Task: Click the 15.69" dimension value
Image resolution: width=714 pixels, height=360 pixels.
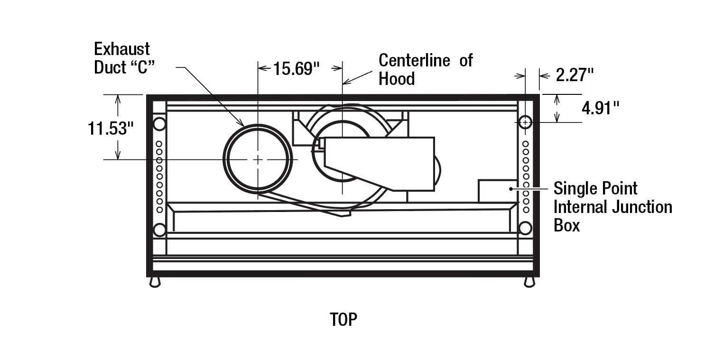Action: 295,69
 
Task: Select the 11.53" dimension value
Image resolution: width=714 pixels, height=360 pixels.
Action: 108,128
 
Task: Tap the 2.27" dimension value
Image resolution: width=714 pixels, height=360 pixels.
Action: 575,74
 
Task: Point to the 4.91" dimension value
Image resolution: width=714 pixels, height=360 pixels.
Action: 601,108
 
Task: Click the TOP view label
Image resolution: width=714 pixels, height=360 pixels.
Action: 343,320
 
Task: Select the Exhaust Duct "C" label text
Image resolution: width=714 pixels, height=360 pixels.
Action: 122,58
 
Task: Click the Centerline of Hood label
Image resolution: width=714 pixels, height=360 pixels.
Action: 425,69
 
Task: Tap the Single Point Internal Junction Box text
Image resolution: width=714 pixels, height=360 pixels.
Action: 612,207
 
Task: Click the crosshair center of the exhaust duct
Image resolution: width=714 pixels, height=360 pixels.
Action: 258,160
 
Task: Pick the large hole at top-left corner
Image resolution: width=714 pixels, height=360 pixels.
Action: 159,124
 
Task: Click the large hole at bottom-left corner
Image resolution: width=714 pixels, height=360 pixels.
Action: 160,230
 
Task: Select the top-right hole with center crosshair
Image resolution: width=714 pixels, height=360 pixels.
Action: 525,122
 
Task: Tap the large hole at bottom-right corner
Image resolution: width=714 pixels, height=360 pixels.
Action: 525,228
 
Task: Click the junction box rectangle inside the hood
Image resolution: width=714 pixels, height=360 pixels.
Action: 496,191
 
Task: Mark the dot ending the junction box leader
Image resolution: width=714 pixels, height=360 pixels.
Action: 511,188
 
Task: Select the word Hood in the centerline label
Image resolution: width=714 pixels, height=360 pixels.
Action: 397,79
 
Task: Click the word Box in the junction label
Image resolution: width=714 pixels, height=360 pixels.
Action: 567,225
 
